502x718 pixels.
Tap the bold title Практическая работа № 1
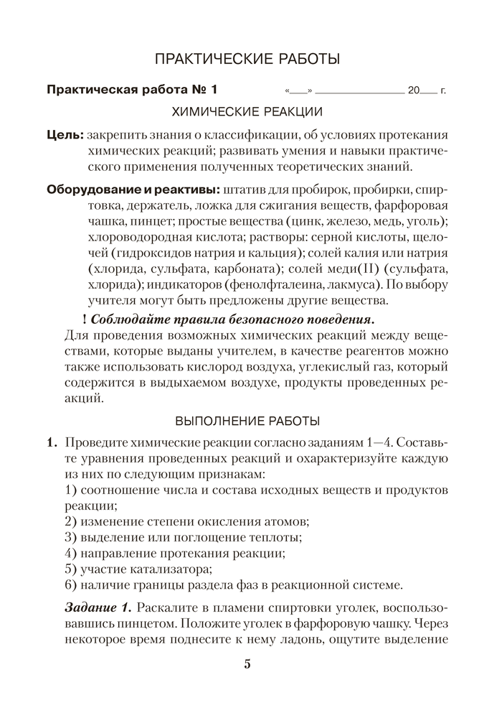(131, 90)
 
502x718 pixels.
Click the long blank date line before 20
(359, 93)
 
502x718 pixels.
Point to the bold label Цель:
(64, 134)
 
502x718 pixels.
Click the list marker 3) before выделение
(70, 537)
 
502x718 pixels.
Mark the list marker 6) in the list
(70, 584)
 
